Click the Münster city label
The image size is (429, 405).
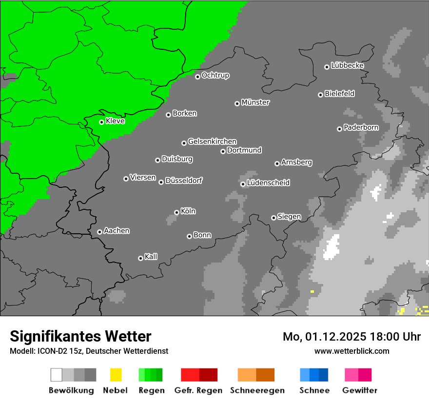coord(255,102)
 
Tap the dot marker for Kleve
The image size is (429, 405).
coord(101,122)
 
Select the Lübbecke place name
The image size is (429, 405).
coord(347,65)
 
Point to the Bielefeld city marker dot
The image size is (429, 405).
coord(320,95)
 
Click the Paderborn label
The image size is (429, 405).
coord(361,127)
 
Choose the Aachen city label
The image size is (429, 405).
coord(117,231)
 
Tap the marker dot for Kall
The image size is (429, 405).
coord(140,258)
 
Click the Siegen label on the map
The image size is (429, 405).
coord(289,217)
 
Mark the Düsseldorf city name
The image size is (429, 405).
coord(184,181)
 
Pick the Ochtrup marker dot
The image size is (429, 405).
coord(197,76)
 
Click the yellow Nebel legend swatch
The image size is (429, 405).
coord(116,375)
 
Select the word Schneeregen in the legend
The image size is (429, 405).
coord(257,390)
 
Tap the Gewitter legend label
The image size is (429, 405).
coord(359,390)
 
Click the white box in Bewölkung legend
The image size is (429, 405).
coord(57,375)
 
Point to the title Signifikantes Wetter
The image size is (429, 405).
coord(80,336)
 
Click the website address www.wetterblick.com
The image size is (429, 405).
coord(351,351)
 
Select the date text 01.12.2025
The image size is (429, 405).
coord(337,337)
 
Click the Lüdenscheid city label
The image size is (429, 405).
coord(268,183)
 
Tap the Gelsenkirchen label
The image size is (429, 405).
coord(212,142)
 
